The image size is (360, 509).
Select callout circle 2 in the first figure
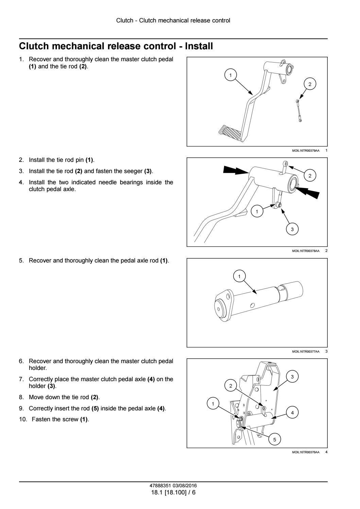(309, 84)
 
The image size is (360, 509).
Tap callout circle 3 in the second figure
(292, 229)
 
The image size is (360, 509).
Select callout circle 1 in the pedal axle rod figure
(239, 276)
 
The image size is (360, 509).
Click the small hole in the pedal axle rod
(252, 305)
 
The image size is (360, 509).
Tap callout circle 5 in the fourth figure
(275, 440)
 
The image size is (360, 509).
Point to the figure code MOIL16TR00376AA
(306, 452)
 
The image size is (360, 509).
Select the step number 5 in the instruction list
(21, 261)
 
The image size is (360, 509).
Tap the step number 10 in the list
(22, 420)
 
